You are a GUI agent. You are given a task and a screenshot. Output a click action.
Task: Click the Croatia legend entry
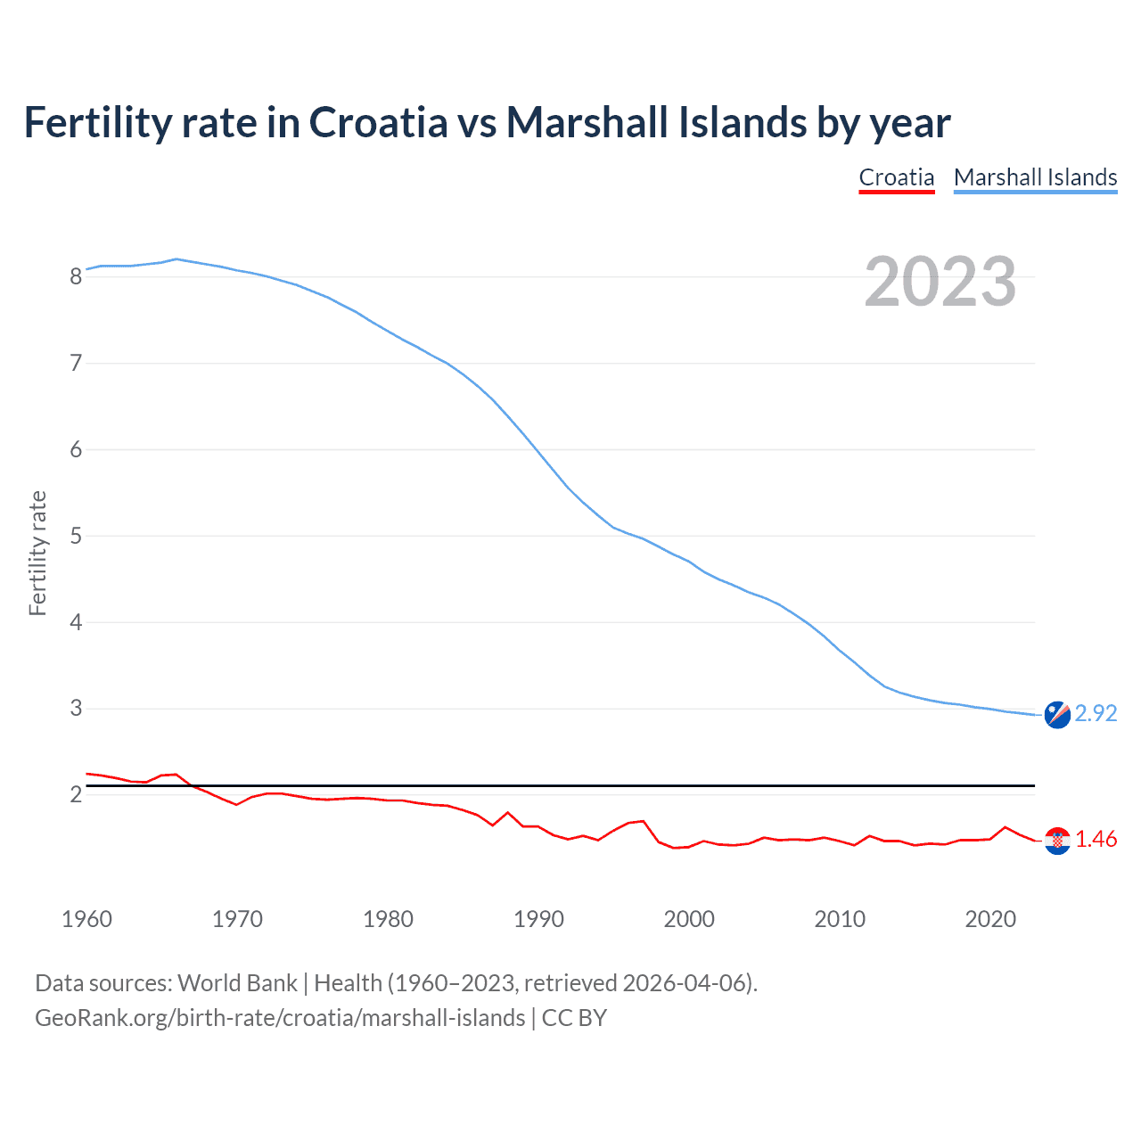(x=896, y=177)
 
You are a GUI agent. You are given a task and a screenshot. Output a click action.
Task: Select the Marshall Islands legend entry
(x=1035, y=177)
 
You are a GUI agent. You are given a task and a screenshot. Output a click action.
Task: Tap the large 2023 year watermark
(x=940, y=282)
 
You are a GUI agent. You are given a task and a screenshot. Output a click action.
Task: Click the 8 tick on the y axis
(x=76, y=276)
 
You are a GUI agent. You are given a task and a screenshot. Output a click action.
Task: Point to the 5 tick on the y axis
(x=76, y=536)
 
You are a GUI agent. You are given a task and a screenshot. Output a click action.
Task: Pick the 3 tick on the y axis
(x=76, y=709)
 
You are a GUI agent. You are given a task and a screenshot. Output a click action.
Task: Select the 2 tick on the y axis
(x=76, y=794)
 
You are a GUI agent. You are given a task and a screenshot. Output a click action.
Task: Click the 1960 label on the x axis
(x=86, y=919)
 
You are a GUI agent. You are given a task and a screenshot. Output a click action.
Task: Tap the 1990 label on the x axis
(x=538, y=919)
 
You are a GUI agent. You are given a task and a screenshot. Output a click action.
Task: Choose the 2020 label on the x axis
(x=990, y=919)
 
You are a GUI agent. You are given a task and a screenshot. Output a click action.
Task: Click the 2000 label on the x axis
(x=689, y=919)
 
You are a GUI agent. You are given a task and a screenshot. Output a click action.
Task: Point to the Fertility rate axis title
(x=37, y=553)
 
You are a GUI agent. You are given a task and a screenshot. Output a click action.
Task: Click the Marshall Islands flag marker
(x=1057, y=715)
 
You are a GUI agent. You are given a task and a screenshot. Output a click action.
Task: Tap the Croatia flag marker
(x=1057, y=841)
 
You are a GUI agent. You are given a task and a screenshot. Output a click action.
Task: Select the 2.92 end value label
(x=1096, y=714)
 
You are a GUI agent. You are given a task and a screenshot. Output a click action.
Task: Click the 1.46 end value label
(x=1096, y=840)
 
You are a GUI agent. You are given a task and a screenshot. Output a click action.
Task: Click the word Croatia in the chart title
(x=378, y=122)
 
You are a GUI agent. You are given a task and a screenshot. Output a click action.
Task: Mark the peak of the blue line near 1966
(x=176, y=259)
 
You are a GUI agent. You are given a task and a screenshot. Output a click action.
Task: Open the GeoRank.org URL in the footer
(x=280, y=1018)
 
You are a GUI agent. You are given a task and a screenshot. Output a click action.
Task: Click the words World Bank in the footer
(x=237, y=983)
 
